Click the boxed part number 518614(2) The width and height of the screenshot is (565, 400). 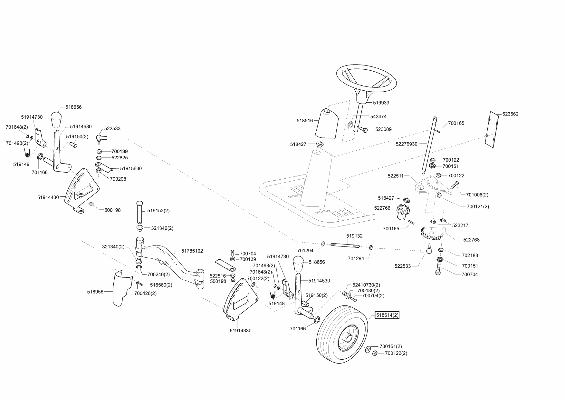[387, 315]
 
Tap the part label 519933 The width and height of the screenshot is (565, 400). [381, 103]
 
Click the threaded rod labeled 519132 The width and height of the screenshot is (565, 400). [344, 246]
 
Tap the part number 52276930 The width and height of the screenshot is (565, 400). [406, 144]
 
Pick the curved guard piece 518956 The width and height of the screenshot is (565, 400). [122, 287]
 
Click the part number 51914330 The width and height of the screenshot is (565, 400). [240, 330]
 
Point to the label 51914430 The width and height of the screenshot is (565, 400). [48, 197]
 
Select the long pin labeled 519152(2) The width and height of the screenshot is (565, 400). [139, 212]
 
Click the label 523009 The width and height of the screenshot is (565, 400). [383, 129]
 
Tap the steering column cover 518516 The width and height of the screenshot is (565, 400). [327, 123]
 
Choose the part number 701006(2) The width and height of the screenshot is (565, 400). [477, 195]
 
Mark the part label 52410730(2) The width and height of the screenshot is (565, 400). [366, 285]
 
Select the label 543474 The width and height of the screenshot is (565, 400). [378, 116]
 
